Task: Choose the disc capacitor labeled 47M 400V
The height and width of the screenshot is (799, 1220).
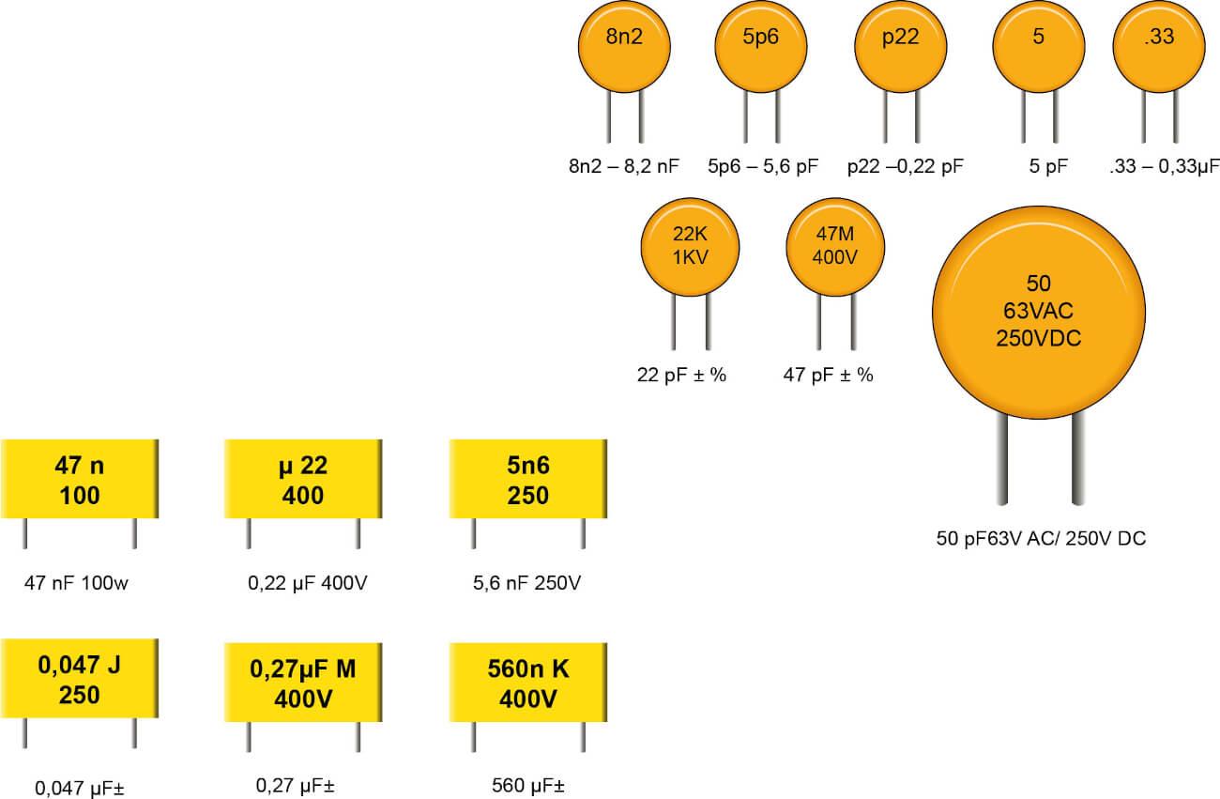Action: [x=835, y=248]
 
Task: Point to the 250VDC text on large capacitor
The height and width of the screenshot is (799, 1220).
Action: [x=1038, y=338]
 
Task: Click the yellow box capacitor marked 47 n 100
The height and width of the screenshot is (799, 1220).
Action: [x=80, y=480]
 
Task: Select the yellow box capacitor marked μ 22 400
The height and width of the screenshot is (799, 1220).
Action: [x=303, y=480]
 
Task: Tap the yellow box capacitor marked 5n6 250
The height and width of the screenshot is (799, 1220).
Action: [x=528, y=480]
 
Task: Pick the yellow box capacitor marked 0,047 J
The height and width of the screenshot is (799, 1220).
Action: [x=80, y=681]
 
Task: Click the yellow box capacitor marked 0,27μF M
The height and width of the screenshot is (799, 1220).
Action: [x=303, y=684]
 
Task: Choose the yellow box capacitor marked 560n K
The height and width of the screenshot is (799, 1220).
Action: [x=528, y=684]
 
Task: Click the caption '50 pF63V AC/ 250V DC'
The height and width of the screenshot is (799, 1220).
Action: [x=1041, y=539]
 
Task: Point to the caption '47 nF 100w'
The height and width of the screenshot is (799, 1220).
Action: [x=76, y=583]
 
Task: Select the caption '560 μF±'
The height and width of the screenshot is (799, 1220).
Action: [x=529, y=786]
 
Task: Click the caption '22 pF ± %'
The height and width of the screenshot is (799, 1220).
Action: [x=681, y=376]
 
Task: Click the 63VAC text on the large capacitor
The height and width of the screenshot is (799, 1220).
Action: [x=1038, y=311]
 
